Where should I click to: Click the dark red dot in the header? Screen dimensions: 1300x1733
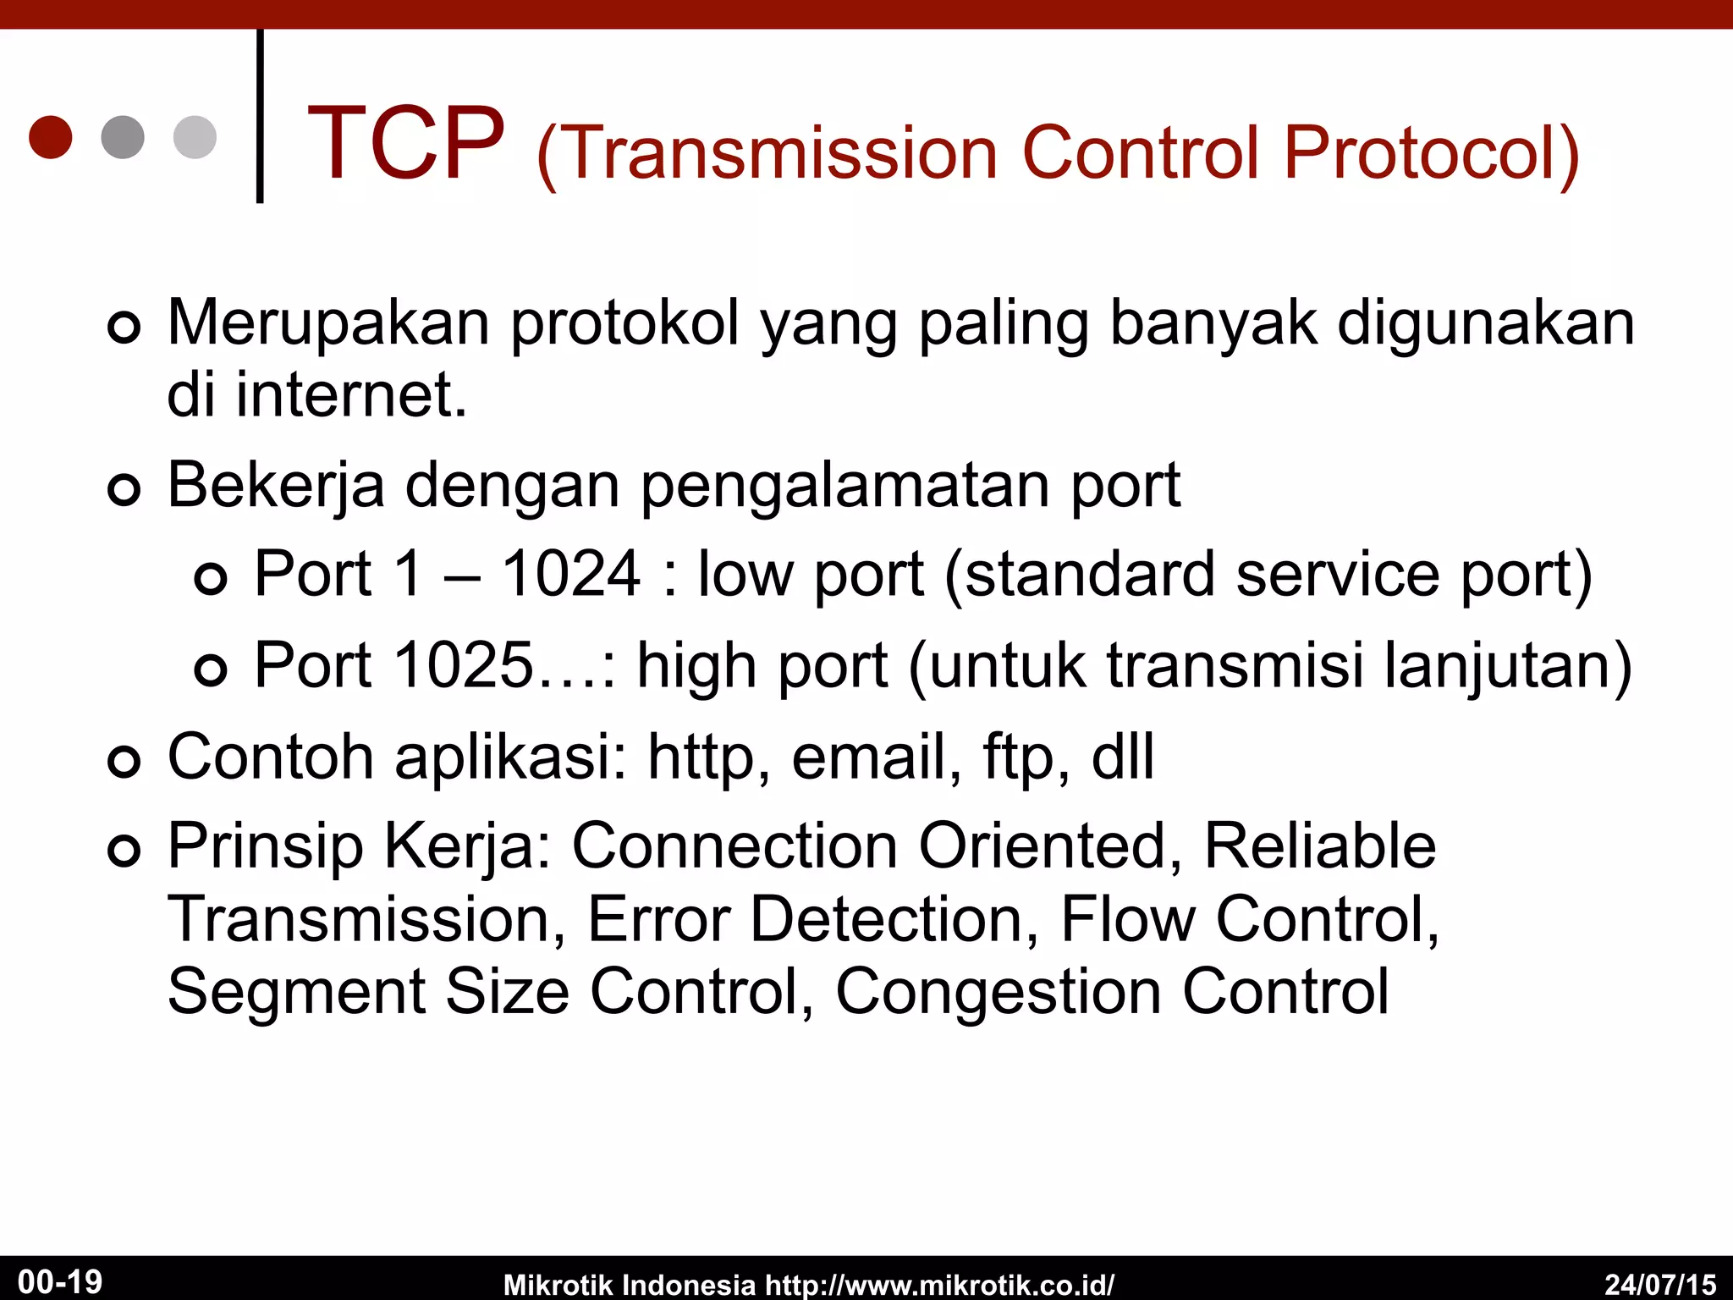[x=50, y=137]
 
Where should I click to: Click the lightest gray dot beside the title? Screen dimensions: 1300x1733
[x=195, y=137]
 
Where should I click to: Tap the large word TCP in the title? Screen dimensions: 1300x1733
[x=406, y=144]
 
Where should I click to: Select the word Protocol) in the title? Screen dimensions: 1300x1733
[x=1430, y=154]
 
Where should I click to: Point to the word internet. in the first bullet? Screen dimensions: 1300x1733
[x=351, y=395]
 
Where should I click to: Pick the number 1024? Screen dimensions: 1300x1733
[x=571, y=575]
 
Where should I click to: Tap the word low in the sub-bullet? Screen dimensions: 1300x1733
[x=745, y=575]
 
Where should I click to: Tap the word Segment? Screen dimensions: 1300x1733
[x=296, y=993]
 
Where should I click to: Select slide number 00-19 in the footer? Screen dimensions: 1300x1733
[x=60, y=1281]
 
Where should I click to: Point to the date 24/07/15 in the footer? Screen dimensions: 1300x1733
[x=1660, y=1283]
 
